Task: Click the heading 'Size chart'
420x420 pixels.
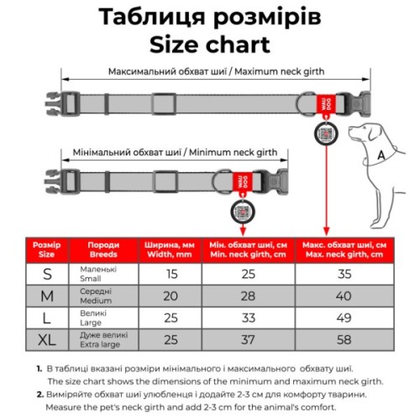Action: pyautogui.click(x=210, y=44)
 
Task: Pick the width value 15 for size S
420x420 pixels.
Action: pyautogui.click(x=171, y=274)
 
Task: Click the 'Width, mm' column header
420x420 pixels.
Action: pyautogui.click(x=171, y=249)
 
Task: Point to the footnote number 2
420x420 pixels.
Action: pyautogui.click(x=39, y=392)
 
